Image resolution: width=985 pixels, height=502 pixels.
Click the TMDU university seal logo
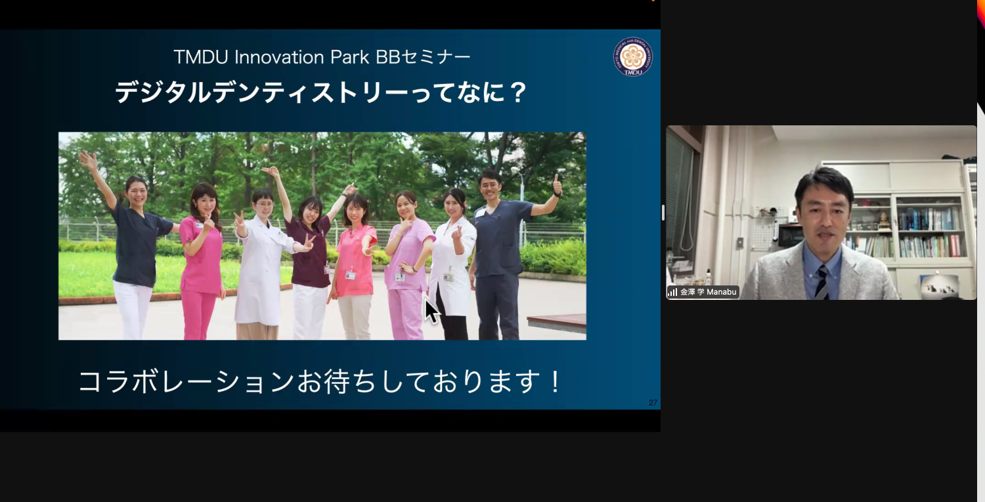click(x=633, y=56)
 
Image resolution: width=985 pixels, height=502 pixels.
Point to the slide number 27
click(x=653, y=403)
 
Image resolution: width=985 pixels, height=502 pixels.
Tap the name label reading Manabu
click(x=722, y=292)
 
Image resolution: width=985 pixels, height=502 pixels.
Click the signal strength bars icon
click(x=672, y=292)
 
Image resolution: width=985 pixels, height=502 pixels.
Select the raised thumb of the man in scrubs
click(x=557, y=181)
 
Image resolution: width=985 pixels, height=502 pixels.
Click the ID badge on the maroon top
click(x=327, y=268)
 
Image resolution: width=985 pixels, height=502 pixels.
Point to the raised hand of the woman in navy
click(x=88, y=160)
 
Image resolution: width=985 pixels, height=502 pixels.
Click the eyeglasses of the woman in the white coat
click(x=263, y=204)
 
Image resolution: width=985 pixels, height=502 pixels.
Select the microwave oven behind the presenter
click(x=791, y=235)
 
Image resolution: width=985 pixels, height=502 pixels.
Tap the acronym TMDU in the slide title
click(x=201, y=57)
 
